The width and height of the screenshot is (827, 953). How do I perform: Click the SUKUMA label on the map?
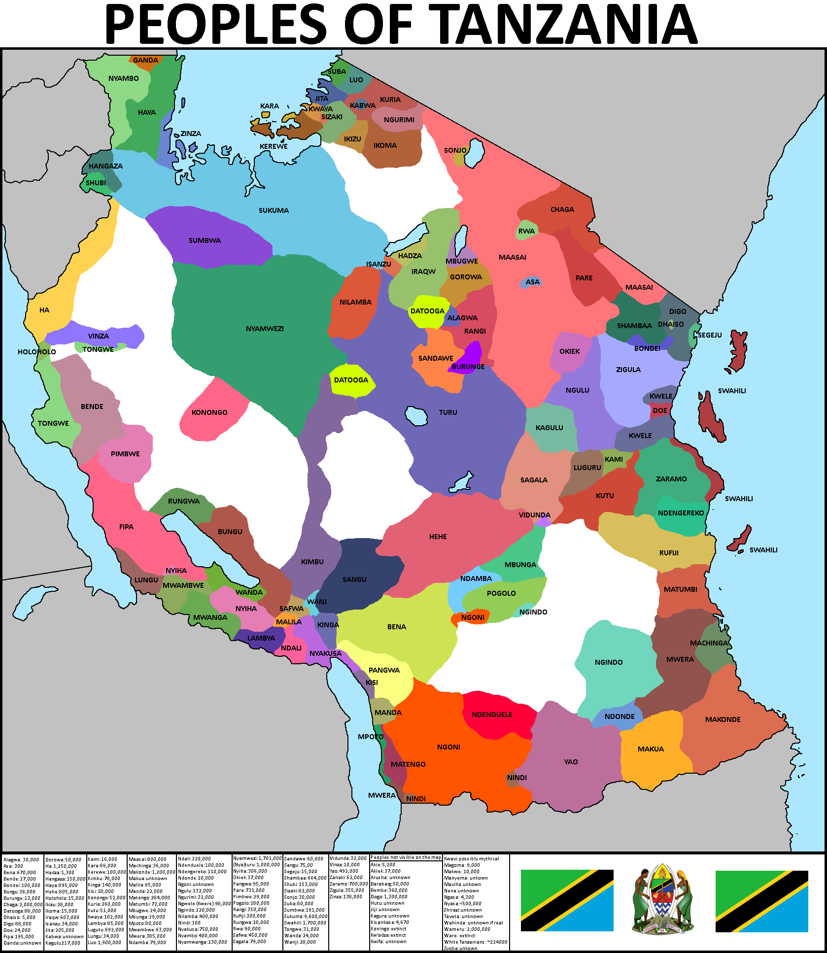click(274, 210)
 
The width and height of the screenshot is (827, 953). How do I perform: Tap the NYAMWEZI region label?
click(265, 329)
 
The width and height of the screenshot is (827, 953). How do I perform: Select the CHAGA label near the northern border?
click(562, 209)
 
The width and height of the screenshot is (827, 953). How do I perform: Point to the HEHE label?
click(438, 537)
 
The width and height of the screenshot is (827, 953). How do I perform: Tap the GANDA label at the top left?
click(145, 60)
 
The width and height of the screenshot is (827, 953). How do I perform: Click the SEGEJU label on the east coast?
click(709, 335)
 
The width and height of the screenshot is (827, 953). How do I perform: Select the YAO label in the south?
click(571, 762)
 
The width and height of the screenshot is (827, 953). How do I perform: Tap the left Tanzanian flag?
click(567, 900)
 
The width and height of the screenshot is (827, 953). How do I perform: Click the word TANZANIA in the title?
click(562, 25)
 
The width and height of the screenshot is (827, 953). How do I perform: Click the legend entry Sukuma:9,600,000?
click(306, 917)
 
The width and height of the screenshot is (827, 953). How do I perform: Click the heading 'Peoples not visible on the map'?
click(406, 857)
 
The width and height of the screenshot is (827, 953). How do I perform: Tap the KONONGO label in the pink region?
click(209, 412)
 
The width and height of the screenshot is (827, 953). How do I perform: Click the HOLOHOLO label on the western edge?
click(36, 352)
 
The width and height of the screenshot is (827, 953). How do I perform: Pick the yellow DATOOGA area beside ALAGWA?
click(428, 311)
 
